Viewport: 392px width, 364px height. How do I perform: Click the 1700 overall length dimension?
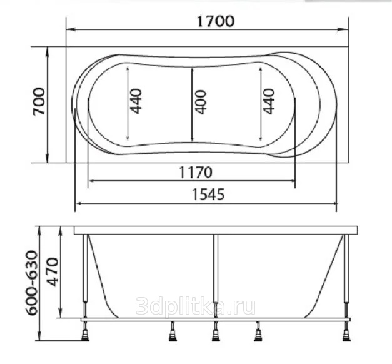point(216,21)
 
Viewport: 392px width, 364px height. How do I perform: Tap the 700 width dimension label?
point(39,101)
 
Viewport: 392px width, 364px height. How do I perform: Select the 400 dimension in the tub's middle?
point(201,103)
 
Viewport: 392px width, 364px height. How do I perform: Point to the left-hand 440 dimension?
point(136,101)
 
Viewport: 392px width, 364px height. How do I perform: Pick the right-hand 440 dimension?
point(269,101)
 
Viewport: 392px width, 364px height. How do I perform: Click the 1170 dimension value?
point(196,173)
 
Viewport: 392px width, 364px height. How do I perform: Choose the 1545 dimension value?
point(208,195)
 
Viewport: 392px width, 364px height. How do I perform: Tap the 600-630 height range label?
point(33,283)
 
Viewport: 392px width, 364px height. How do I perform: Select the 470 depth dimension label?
point(53,272)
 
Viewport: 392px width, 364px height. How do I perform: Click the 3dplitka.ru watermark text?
point(196,306)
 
